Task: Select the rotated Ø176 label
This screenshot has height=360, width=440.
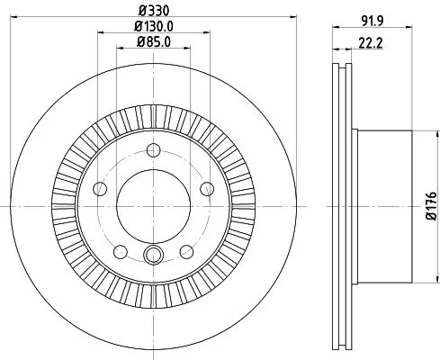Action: tap(429, 200)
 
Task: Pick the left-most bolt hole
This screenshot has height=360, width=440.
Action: tap(100, 190)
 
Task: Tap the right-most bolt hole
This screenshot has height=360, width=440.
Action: tap(208, 188)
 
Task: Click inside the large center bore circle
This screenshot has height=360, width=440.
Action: tap(154, 206)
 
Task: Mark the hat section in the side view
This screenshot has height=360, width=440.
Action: tap(382, 206)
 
